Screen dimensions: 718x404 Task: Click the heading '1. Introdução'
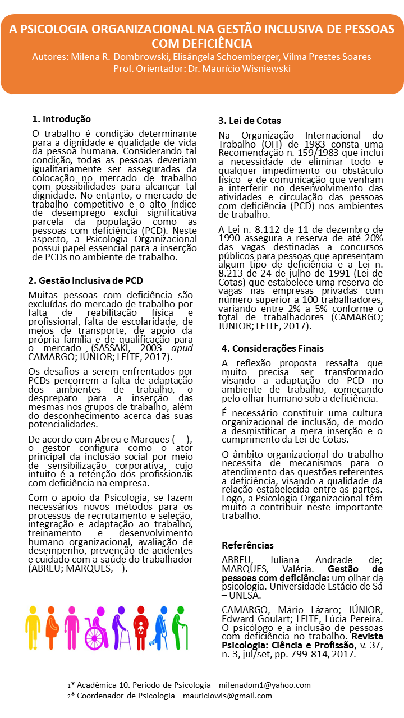point(61,119)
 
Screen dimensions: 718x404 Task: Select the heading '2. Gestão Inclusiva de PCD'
point(85,280)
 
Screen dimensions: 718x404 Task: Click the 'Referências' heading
point(247,545)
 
